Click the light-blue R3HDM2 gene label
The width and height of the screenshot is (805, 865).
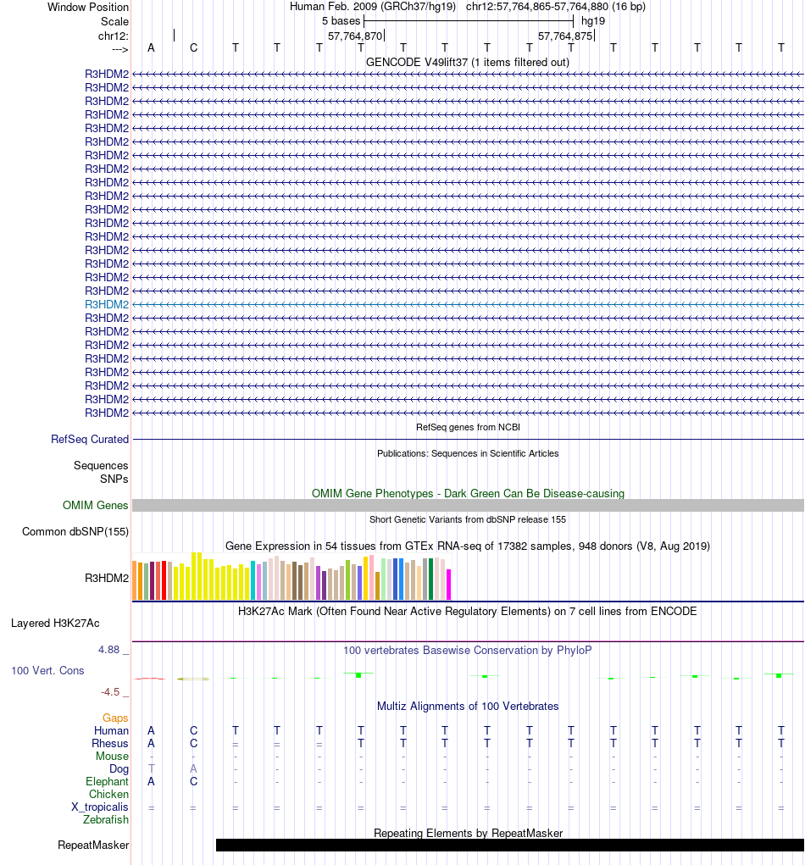[107, 304]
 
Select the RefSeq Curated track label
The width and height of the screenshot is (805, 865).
[90, 440]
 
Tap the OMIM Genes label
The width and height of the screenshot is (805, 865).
[96, 506]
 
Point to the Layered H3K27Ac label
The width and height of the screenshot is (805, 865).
[55, 624]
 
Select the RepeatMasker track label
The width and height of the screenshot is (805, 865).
[93, 846]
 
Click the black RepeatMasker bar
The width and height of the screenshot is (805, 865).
[508, 846]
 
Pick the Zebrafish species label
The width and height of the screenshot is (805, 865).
[106, 820]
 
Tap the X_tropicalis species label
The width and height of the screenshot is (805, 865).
[100, 807]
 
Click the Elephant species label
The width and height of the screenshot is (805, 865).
[107, 782]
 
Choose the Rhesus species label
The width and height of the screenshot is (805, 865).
[110, 744]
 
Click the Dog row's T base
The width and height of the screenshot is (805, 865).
[151, 768]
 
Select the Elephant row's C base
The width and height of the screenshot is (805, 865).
[193, 782]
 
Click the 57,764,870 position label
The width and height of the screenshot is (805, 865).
[354, 36]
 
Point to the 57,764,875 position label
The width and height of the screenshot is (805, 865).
[564, 36]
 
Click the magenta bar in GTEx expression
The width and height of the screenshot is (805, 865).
[448, 584]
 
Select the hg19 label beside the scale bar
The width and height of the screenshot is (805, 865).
[593, 20]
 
